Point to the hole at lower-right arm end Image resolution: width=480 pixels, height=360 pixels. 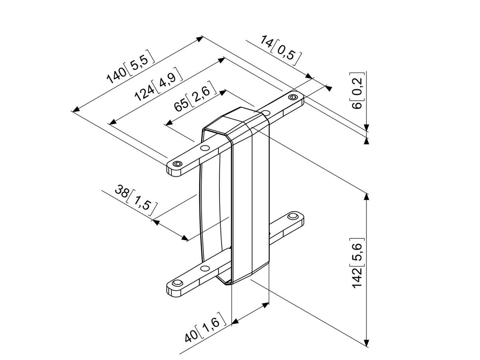(294, 216)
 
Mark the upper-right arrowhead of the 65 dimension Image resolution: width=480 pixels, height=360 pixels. (224, 91)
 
